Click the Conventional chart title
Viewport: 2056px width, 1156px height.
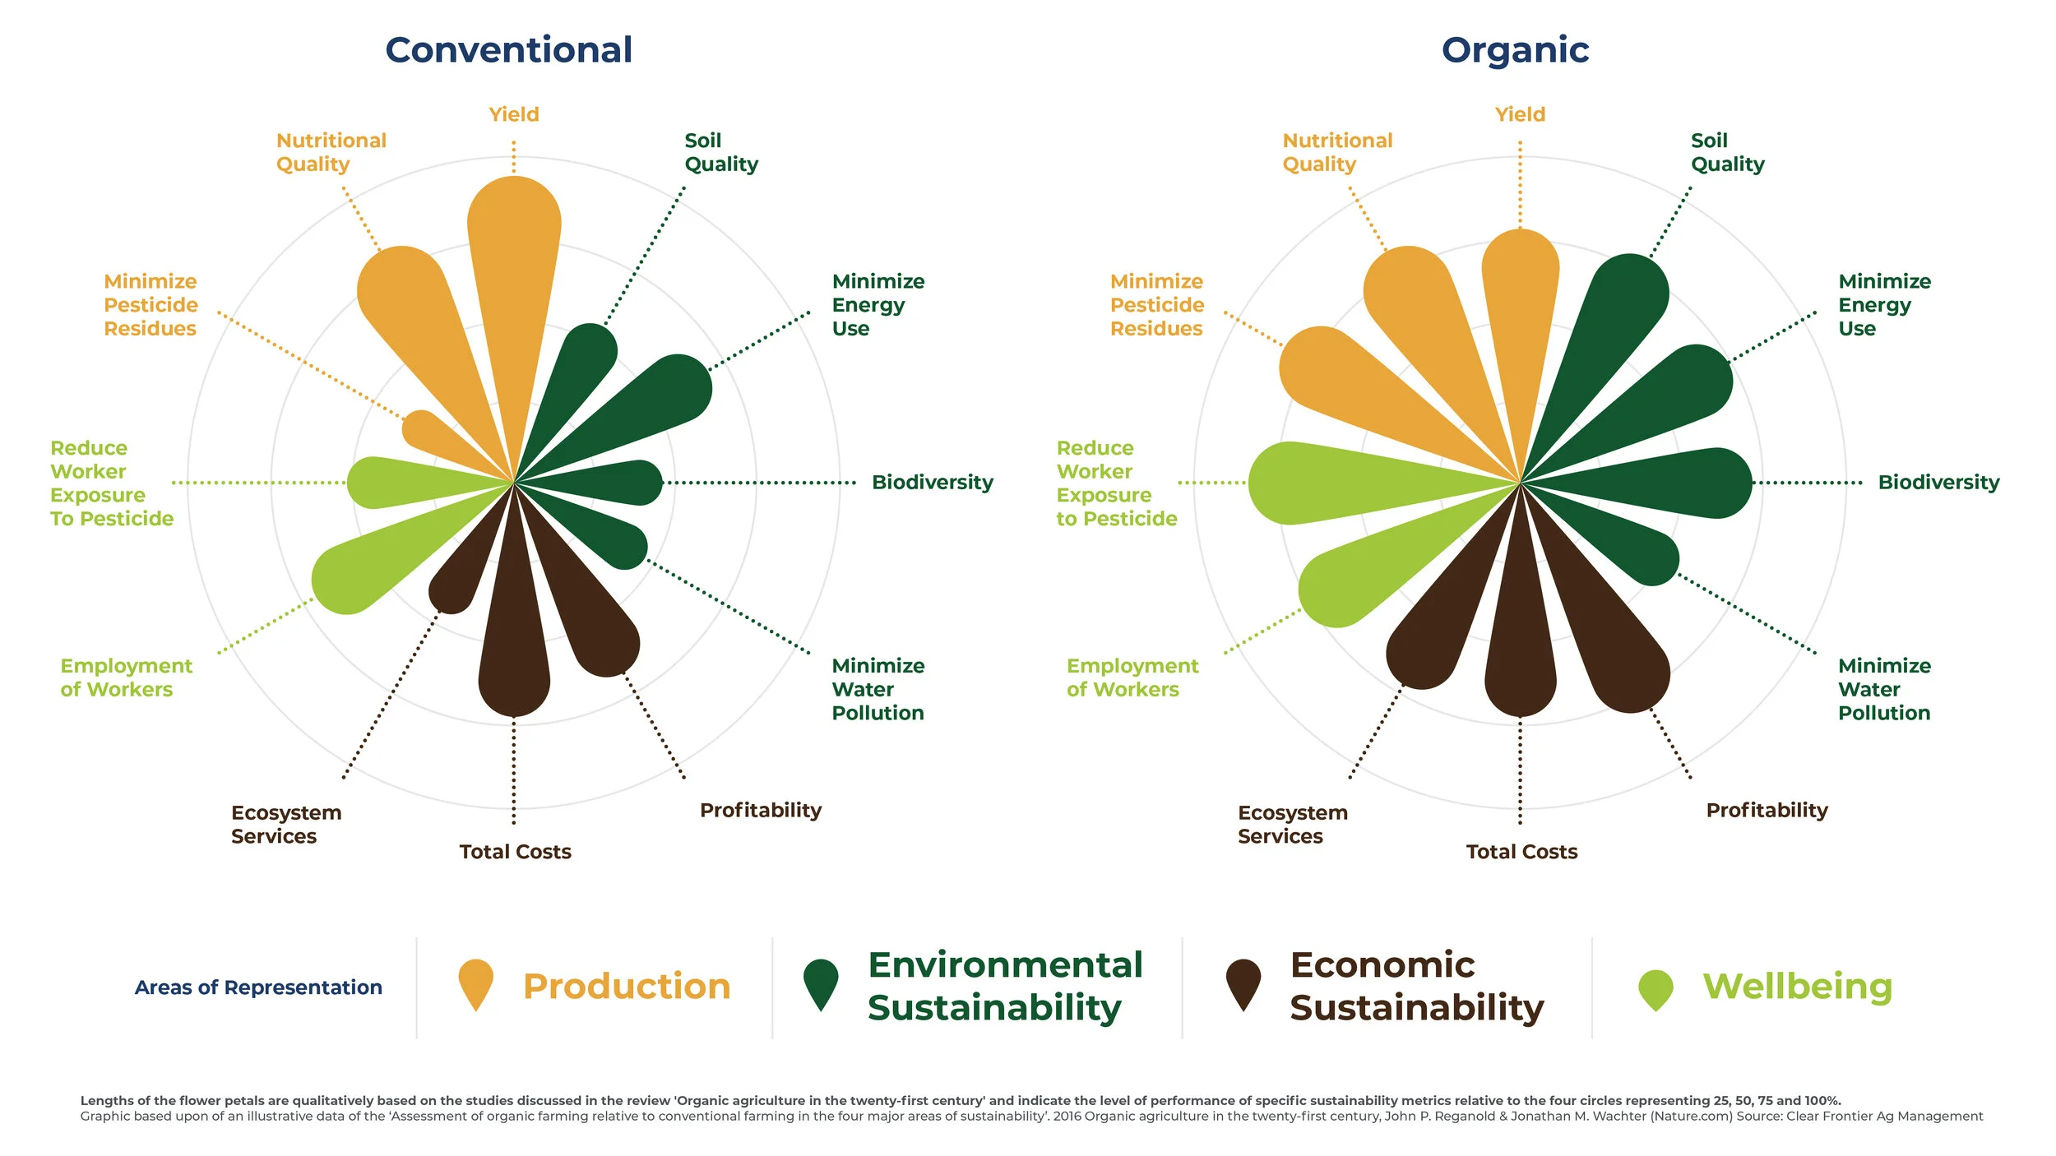coord(508,50)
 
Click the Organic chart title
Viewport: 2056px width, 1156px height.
coord(1515,50)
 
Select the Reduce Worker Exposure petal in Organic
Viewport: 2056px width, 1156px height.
coord(1316,483)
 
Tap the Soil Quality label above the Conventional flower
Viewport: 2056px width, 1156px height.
coord(720,152)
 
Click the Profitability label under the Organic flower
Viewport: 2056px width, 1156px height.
coord(1767,810)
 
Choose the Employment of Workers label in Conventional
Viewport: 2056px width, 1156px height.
coord(126,677)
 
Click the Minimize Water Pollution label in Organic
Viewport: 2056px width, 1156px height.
coord(1883,689)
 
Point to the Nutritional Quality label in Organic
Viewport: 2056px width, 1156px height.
coord(1336,152)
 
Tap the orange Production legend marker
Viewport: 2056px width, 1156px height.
coord(475,981)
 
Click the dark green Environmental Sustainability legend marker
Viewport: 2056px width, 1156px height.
coord(820,981)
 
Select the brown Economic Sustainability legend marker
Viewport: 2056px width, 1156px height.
coord(1243,981)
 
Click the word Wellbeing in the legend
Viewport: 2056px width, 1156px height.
coord(1797,986)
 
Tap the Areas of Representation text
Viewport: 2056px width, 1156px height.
coord(258,987)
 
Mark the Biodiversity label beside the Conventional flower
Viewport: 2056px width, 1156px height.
coord(932,482)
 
